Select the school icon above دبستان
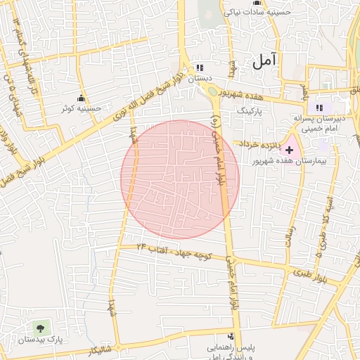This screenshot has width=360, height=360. tap(200, 68)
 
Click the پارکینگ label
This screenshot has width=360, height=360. tap(250, 110)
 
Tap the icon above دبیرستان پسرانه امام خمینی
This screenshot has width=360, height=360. tap(319, 108)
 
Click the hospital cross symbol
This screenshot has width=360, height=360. tap(289, 150)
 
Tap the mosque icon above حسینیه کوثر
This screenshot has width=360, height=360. tap(81, 98)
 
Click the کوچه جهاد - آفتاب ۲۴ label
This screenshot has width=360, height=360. tap(177, 252)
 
